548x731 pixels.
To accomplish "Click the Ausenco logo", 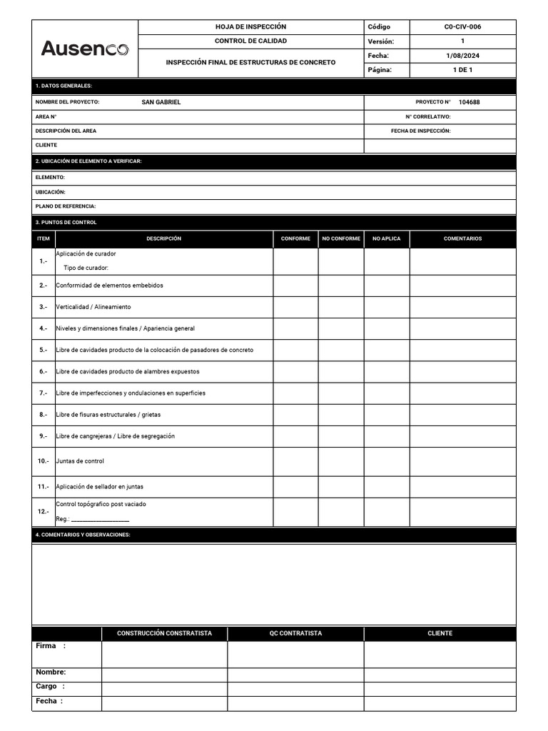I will coord(84,49).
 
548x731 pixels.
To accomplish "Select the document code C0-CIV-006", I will coord(462,27).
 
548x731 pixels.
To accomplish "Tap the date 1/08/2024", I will coord(462,56).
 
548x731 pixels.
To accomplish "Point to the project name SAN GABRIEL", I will coord(161,102).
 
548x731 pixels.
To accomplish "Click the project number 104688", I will coord(469,102).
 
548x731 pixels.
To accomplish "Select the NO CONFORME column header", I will coord(341,238).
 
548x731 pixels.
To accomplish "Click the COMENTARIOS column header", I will coord(462,238).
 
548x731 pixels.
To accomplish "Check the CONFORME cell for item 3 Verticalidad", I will coord(295,307).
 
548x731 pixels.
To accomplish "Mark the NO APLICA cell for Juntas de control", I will coord(387,461).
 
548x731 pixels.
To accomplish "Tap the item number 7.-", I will coord(43,393).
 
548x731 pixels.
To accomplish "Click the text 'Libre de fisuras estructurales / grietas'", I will coord(108,415).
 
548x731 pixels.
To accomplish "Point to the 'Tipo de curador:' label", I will coord(86,268).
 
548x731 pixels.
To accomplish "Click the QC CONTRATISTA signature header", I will coord(295,633).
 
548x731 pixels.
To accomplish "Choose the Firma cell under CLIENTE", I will coord(440,654).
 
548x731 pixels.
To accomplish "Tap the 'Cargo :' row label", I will coord(50,687).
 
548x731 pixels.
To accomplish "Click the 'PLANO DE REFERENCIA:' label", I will coord(66,206).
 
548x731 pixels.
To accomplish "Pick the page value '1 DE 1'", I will coord(462,70).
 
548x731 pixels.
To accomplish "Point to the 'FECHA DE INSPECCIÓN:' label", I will coord(420,131).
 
